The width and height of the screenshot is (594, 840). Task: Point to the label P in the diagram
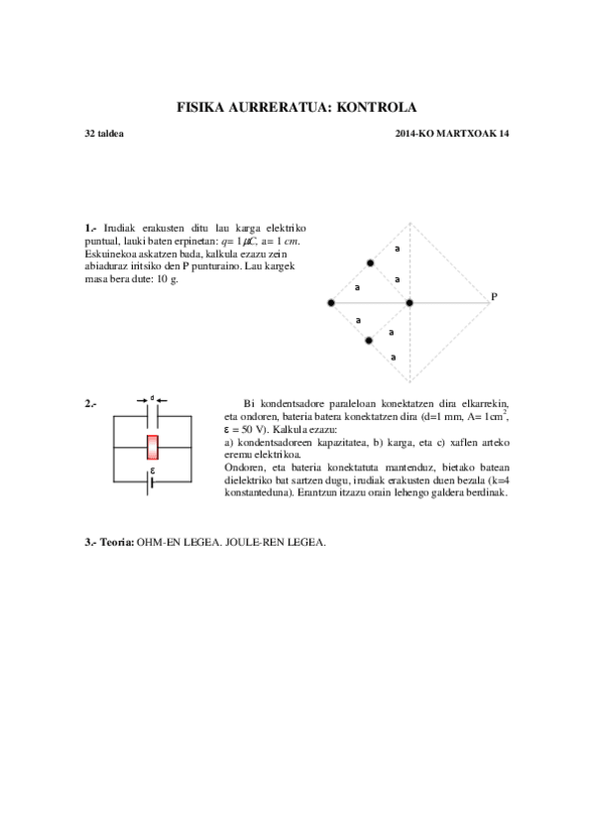(x=493, y=296)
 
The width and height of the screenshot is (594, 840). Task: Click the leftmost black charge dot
(x=331, y=302)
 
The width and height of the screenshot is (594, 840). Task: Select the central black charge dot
(x=409, y=302)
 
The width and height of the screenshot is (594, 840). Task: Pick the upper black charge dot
(x=370, y=263)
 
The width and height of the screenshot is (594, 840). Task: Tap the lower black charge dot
(x=369, y=341)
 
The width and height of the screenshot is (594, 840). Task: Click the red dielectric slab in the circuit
(x=153, y=447)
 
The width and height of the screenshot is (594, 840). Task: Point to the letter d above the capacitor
(x=153, y=398)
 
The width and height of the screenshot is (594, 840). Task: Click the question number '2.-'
(x=91, y=403)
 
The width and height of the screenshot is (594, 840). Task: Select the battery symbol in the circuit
(x=152, y=484)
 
